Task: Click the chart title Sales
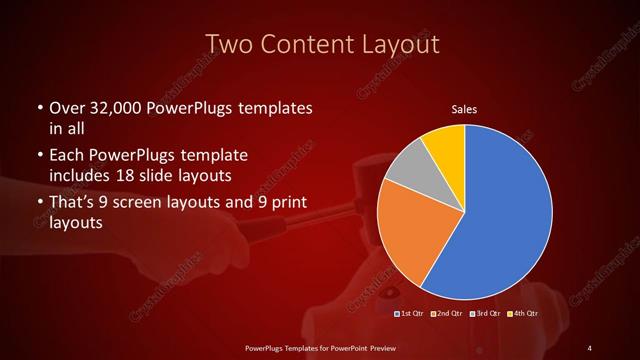coord(463,108)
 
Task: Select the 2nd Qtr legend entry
coord(446,314)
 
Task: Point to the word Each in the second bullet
coord(66,157)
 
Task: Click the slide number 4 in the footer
coord(589,347)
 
